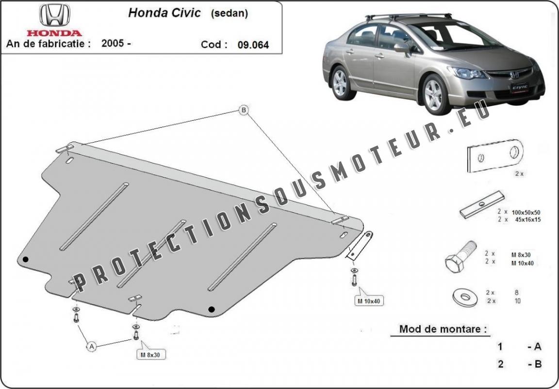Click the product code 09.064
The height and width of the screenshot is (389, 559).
click(x=253, y=45)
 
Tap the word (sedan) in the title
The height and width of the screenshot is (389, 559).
click(x=229, y=14)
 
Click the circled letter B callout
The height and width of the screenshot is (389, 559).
click(x=244, y=111)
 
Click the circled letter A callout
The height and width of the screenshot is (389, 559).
click(x=91, y=346)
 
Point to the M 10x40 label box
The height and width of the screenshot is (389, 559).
click(x=370, y=301)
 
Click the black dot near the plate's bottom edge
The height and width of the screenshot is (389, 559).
click(x=211, y=308)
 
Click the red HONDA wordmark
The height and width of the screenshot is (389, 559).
click(x=54, y=33)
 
